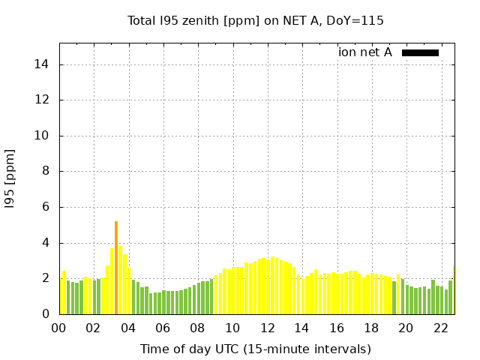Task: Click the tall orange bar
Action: point(116,268)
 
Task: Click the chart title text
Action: point(256,21)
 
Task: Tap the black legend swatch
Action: point(420,52)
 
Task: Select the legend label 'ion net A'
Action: point(365,52)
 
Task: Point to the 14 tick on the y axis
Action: point(42,64)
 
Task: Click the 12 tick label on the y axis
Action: point(42,100)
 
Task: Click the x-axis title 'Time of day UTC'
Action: point(256,349)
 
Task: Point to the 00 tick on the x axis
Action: point(58,328)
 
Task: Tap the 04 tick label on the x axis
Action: point(128,328)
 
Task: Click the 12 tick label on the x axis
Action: point(267,328)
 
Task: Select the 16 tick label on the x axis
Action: point(337,328)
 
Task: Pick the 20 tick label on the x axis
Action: point(406,328)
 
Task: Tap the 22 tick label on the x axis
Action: point(440,328)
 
